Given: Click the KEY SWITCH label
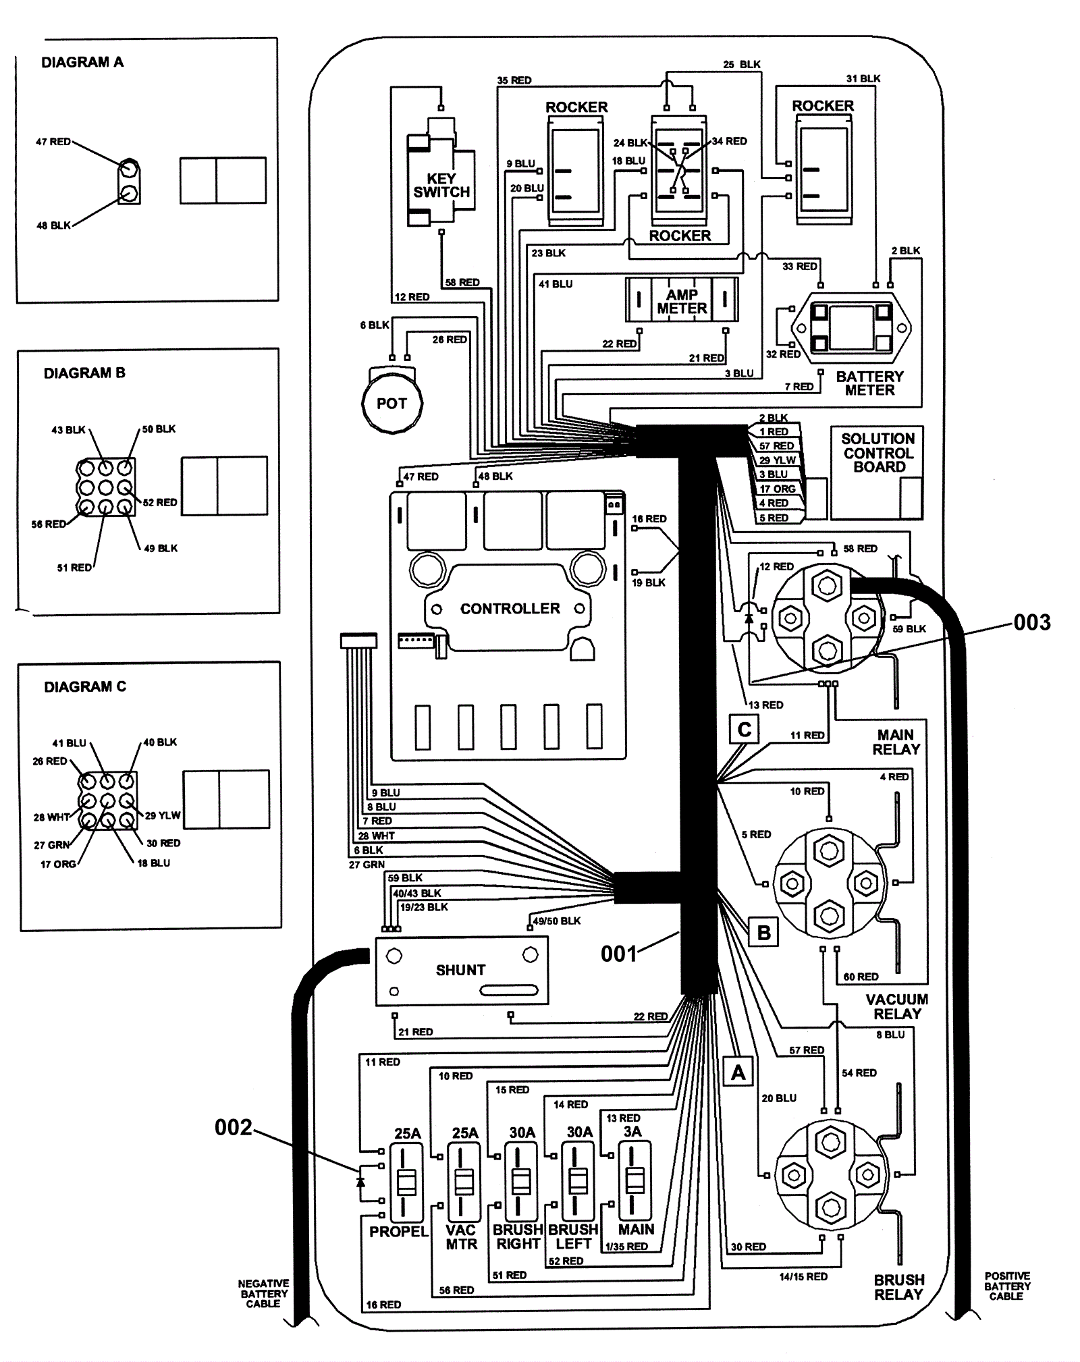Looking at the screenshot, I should [441, 186].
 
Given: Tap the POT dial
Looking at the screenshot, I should [391, 404].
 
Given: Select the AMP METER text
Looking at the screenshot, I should [682, 302].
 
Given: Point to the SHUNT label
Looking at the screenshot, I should [460, 970].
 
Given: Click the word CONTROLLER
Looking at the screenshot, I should [510, 609].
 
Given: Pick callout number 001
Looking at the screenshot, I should [619, 954].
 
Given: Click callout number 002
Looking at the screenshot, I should [233, 1127].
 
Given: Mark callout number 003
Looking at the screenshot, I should [1032, 622].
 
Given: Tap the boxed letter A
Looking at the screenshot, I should [738, 1072].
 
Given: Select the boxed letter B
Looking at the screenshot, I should [763, 932].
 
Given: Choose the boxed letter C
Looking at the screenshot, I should [744, 730].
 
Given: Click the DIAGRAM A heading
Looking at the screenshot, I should [82, 62].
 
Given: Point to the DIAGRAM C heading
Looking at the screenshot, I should [85, 686].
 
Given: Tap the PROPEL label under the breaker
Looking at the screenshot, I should [398, 1232].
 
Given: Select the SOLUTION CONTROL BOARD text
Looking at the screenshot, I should [878, 453].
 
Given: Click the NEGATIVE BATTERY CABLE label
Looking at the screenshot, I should [263, 1293].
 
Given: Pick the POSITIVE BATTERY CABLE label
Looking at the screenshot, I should [1006, 1286].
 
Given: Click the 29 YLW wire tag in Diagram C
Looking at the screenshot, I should [163, 815].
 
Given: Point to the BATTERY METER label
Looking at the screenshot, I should [869, 383].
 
